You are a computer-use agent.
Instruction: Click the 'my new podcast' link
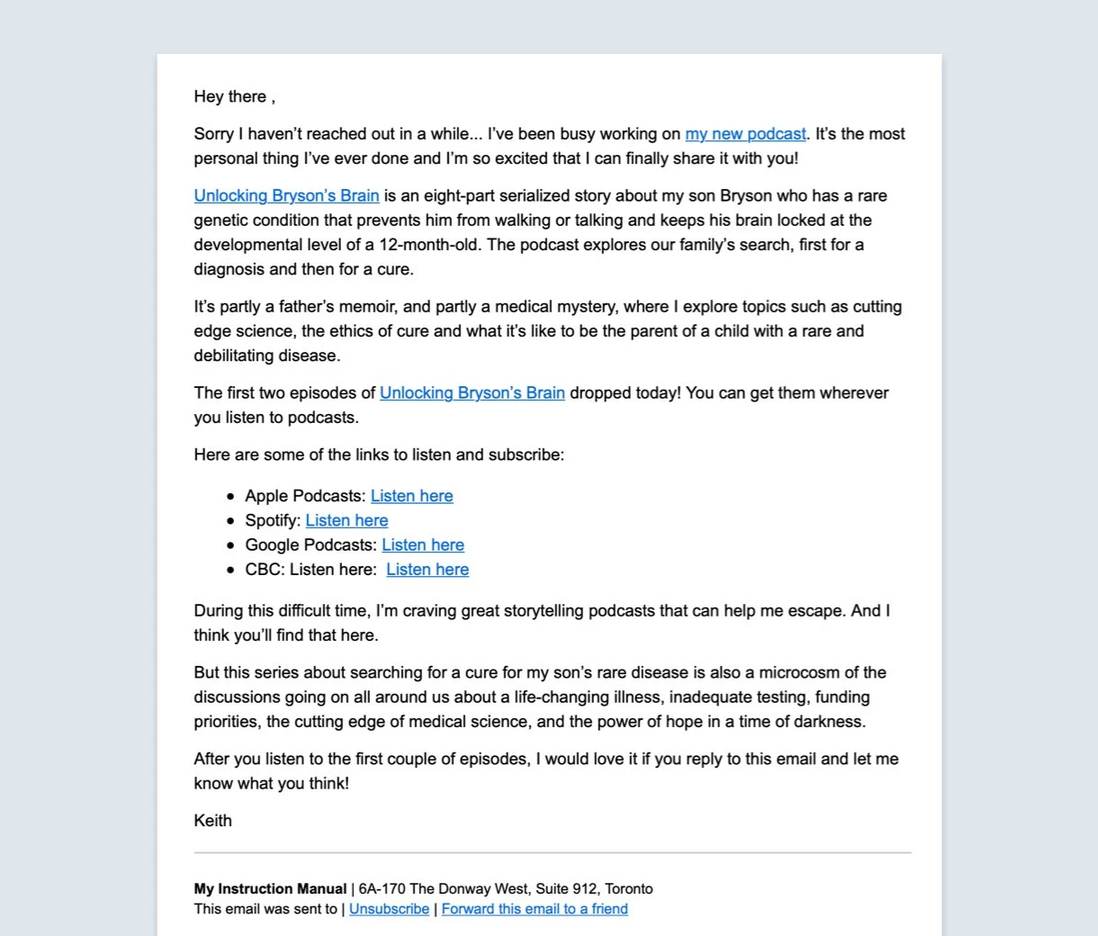pos(745,134)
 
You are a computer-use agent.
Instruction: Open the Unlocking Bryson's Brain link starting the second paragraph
pos(286,196)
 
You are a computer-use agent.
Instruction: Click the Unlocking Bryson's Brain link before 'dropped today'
pos(472,393)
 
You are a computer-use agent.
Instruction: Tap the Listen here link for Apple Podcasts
pos(411,496)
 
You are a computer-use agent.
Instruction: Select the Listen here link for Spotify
pos(346,520)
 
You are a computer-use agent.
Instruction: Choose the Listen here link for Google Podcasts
pos(423,544)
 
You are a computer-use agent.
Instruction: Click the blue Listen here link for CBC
pos(427,570)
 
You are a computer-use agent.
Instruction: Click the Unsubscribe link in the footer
pos(389,909)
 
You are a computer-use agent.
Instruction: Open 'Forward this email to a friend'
pos(535,909)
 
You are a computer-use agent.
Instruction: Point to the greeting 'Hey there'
pos(230,97)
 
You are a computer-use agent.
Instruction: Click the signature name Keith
pos(213,821)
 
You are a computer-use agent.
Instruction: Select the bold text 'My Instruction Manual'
pos(270,889)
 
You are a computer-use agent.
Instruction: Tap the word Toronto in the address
pos(629,889)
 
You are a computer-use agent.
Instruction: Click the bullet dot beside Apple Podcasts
pos(231,497)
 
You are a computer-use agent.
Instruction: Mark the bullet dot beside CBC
pos(231,571)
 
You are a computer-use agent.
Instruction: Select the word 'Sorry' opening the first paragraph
pos(213,134)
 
